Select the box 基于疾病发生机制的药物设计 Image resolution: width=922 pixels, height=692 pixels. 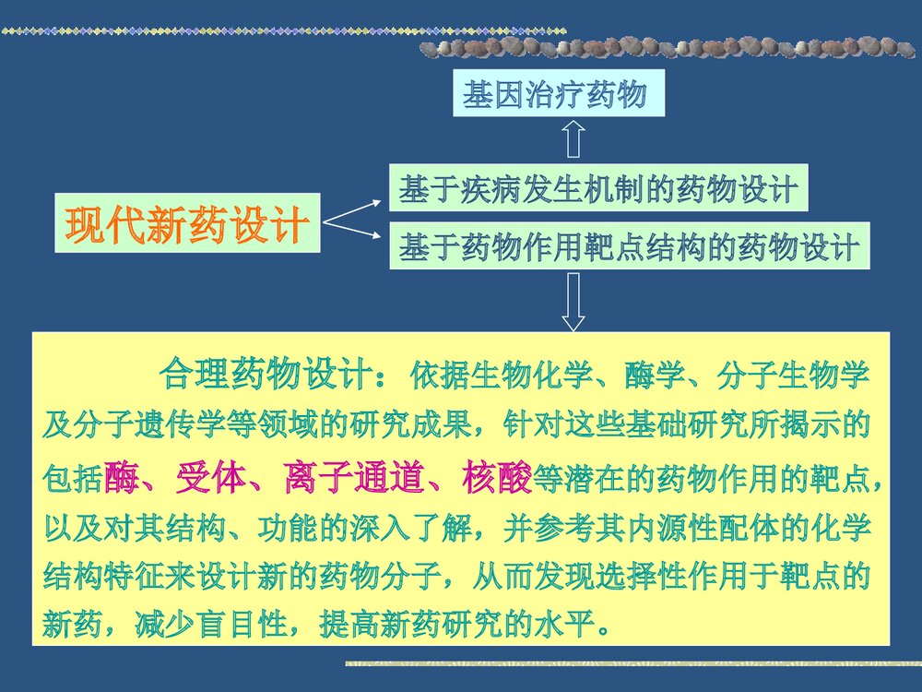point(597,191)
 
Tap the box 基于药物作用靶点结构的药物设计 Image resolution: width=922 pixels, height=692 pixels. point(629,246)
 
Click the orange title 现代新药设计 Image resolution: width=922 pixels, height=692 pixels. point(187,224)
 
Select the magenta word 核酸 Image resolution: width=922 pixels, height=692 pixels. point(499,477)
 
